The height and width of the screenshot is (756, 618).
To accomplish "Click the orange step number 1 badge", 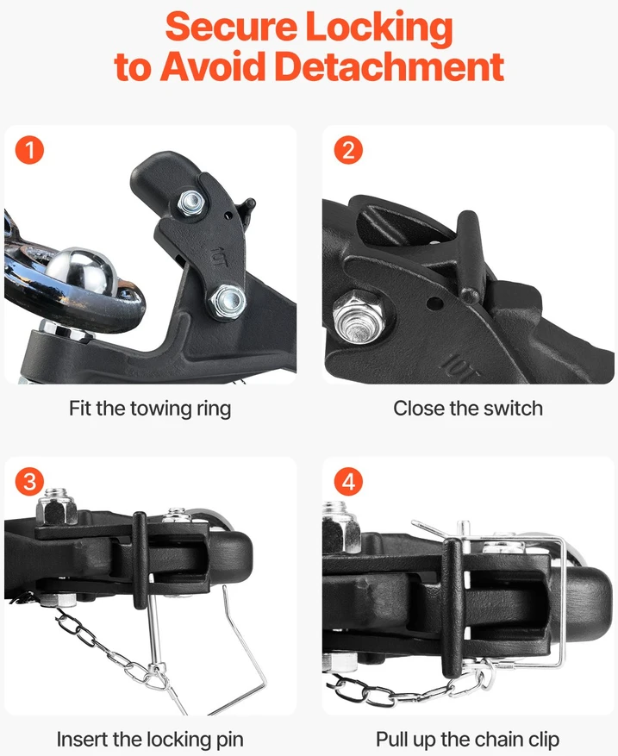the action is click(x=29, y=150).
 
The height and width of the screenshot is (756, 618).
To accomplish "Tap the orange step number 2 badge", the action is click(x=348, y=150).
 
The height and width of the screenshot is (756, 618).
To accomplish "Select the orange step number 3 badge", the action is click(x=29, y=482).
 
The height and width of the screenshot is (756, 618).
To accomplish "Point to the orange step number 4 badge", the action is click(x=348, y=482).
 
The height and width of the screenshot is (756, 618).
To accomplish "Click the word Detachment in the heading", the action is click(x=390, y=66).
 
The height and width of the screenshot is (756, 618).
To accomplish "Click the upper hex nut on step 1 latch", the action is click(x=190, y=203).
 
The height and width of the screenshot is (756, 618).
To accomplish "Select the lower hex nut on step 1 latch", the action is click(x=227, y=302).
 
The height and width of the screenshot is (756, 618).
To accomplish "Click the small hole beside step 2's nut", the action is click(x=435, y=303).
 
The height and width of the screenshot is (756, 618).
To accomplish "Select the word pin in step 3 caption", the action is click(x=228, y=740).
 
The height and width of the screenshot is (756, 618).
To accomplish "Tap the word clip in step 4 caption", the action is click(x=543, y=740).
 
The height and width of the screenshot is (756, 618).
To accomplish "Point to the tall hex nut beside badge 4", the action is click(x=341, y=527).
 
